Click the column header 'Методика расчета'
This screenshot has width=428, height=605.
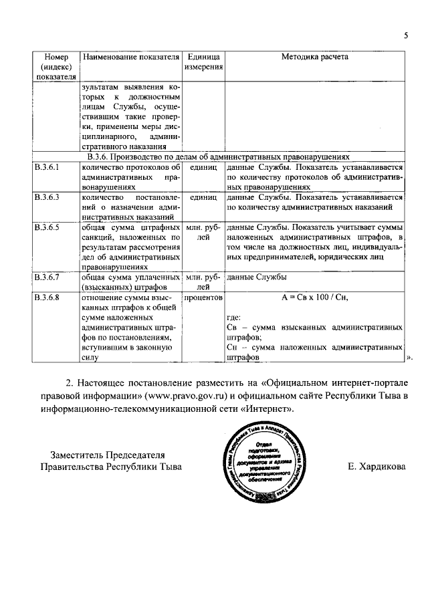(314, 58)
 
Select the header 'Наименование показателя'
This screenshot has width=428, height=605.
(132, 58)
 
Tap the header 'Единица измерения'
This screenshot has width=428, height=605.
(204, 64)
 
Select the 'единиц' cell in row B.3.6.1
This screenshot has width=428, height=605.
(204, 167)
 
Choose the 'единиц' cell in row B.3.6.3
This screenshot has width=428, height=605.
(204, 198)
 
